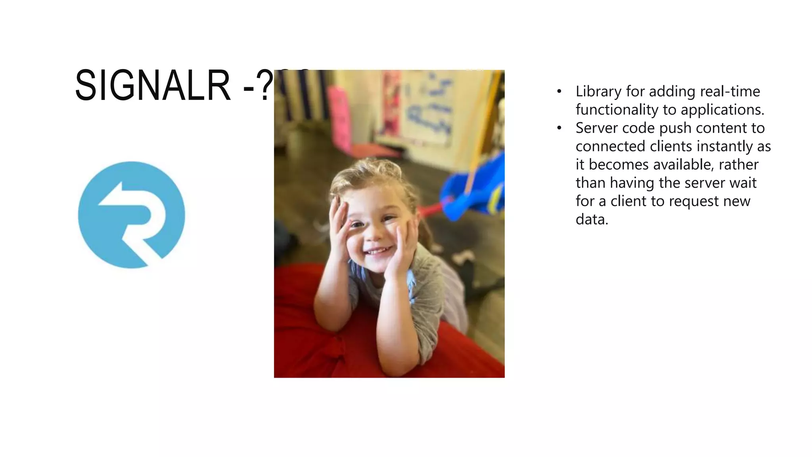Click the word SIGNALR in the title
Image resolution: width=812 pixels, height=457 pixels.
coord(153,85)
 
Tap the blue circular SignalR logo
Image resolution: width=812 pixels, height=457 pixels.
coord(131,215)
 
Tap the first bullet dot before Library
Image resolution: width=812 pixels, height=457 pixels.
coord(559,92)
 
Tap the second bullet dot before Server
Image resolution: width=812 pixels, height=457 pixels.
coord(559,128)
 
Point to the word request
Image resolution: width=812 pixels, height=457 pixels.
coord(694,202)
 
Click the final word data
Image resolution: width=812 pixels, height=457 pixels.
coord(592,219)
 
